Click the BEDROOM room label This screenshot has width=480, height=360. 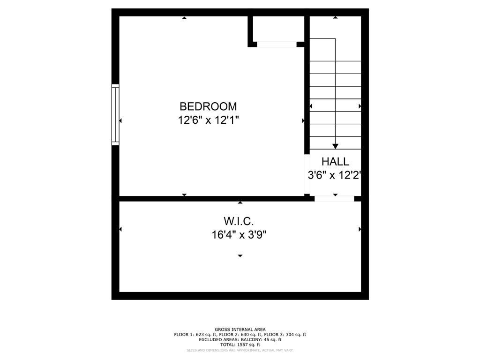point(208,106)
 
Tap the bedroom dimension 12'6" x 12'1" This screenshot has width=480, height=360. point(208,120)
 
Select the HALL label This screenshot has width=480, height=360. point(335,162)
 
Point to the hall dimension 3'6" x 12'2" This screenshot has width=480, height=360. point(335,175)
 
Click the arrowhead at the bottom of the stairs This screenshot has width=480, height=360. point(335,146)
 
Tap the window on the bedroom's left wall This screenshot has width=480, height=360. point(115,114)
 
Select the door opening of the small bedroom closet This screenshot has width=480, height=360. point(277,45)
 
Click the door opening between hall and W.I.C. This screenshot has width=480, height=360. point(334,199)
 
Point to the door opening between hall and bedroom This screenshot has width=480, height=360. point(307,174)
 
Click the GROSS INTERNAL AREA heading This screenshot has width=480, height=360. point(240,330)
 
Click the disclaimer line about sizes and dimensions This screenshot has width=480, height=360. point(240,350)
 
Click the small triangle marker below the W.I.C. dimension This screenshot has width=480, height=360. point(240,256)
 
